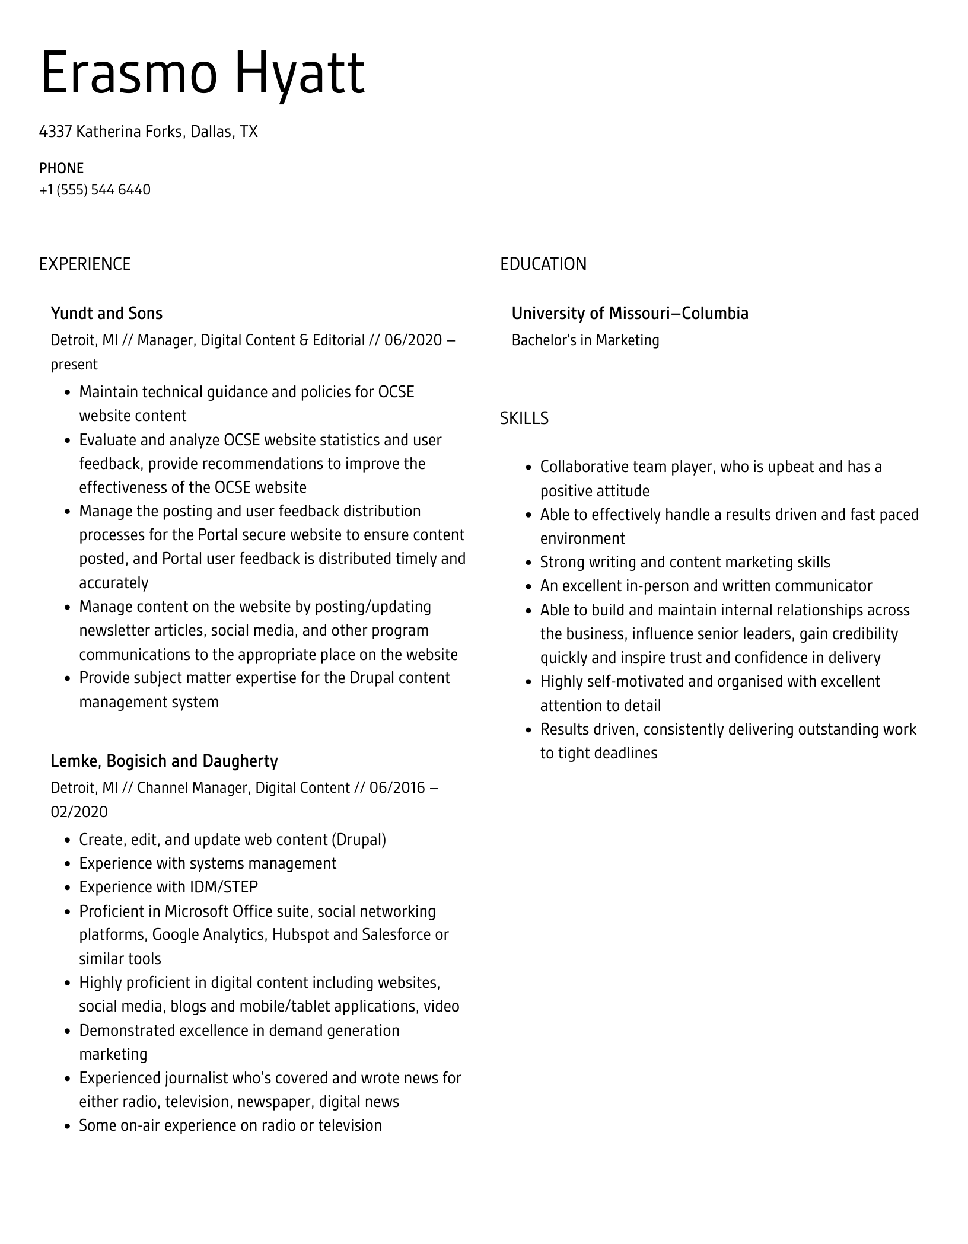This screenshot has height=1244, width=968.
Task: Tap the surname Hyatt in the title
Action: [x=300, y=74]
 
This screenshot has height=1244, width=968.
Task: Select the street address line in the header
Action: [x=148, y=131]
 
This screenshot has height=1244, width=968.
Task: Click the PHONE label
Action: [x=61, y=168]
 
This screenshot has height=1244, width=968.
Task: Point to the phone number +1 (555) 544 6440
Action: [x=95, y=190]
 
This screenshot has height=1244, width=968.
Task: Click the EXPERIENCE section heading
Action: [x=85, y=264]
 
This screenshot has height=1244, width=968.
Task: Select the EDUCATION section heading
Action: [x=543, y=264]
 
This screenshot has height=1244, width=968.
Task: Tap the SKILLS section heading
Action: [x=524, y=419]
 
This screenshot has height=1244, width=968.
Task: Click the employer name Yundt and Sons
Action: [x=106, y=313]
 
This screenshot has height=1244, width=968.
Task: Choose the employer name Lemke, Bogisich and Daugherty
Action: [x=164, y=761]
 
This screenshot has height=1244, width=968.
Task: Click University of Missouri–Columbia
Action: [x=630, y=313]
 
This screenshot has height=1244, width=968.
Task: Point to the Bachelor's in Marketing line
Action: [x=585, y=340]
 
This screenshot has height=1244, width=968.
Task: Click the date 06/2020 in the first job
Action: [x=413, y=340]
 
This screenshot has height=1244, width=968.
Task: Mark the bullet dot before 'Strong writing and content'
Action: [x=528, y=563]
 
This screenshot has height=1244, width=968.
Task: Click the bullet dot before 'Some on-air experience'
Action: [x=68, y=1126]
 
